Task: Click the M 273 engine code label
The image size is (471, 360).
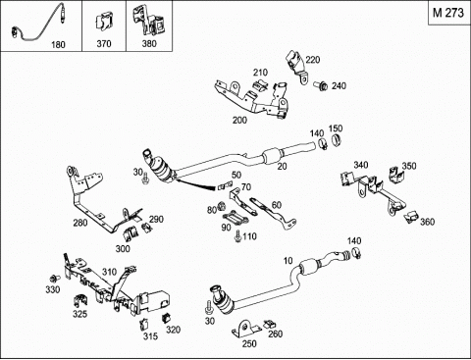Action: pyautogui.click(x=448, y=13)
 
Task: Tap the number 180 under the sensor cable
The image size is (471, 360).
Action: pyautogui.click(x=58, y=44)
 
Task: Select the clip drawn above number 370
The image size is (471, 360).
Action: pyautogui.click(x=104, y=23)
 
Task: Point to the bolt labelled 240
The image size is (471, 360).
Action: pyautogui.click(x=321, y=86)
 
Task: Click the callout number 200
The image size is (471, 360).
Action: pyautogui.click(x=239, y=120)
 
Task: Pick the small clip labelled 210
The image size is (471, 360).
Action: pyautogui.click(x=261, y=84)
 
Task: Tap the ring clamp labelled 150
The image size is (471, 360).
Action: pyautogui.click(x=336, y=139)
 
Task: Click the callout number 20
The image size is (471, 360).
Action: pyautogui.click(x=282, y=166)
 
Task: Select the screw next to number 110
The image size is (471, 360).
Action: pyautogui.click(x=237, y=236)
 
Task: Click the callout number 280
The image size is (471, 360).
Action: pyautogui.click(x=80, y=223)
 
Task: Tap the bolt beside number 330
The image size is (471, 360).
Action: pyautogui.click(x=54, y=279)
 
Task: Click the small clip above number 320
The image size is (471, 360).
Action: pyautogui.click(x=167, y=318)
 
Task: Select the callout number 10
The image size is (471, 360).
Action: pyautogui.click(x=288, y=261)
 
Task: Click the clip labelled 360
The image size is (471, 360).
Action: pyautogui.click(x=410, y=216)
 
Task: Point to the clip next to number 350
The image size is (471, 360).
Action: pyautogui.click(x=395, y=175)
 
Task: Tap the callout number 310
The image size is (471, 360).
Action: pyautogui.click(x=109, y=272)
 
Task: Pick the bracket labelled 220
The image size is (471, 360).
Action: pyautogui.click(x=297, y=67)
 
